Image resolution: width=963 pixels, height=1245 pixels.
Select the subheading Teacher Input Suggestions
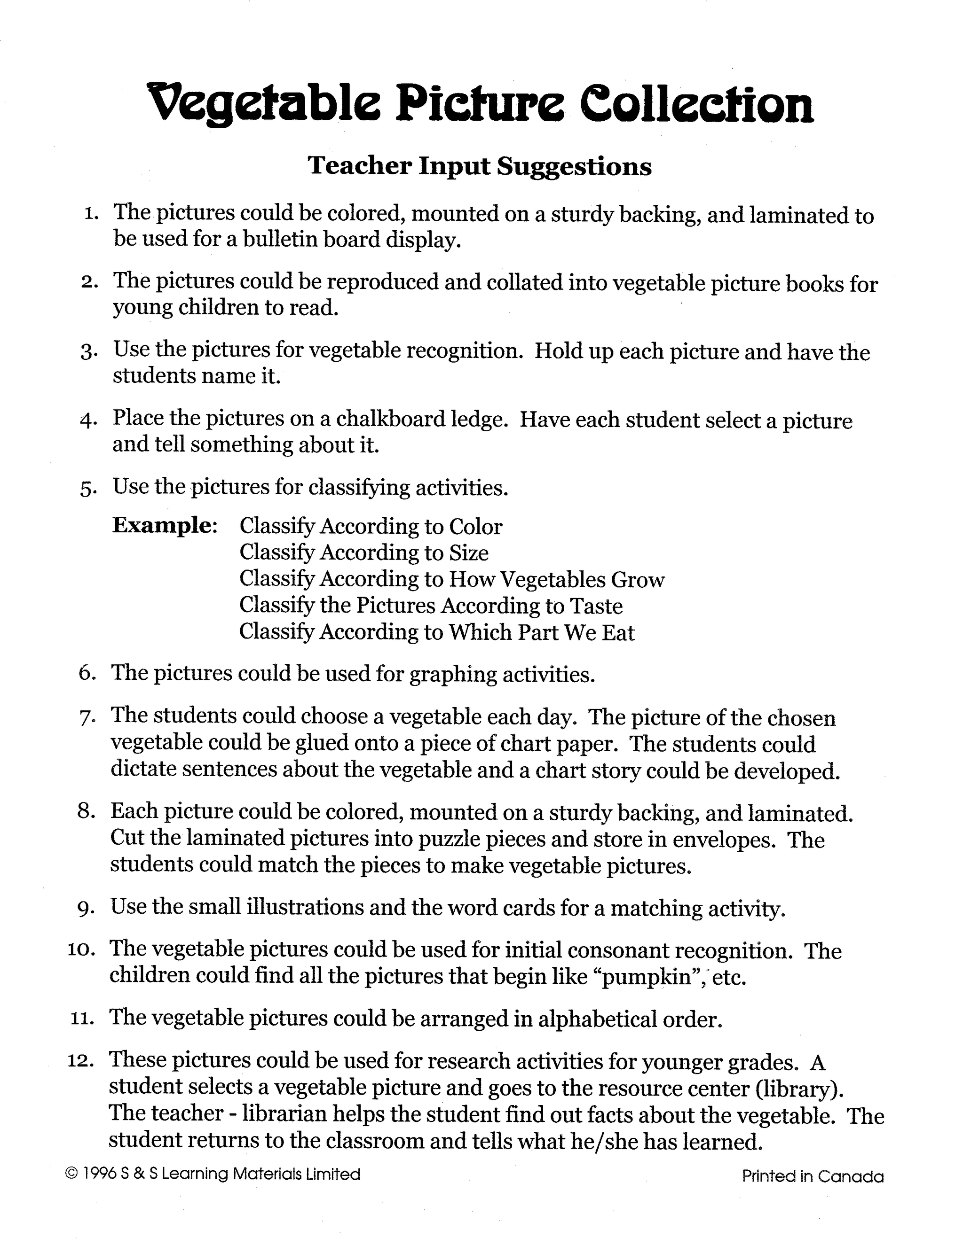pos(479,166)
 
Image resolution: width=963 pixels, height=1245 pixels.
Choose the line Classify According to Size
pos(364,552)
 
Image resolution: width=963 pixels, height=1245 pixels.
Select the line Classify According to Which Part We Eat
pos(436,632)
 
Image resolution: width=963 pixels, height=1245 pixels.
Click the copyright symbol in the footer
pos(72,1175)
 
